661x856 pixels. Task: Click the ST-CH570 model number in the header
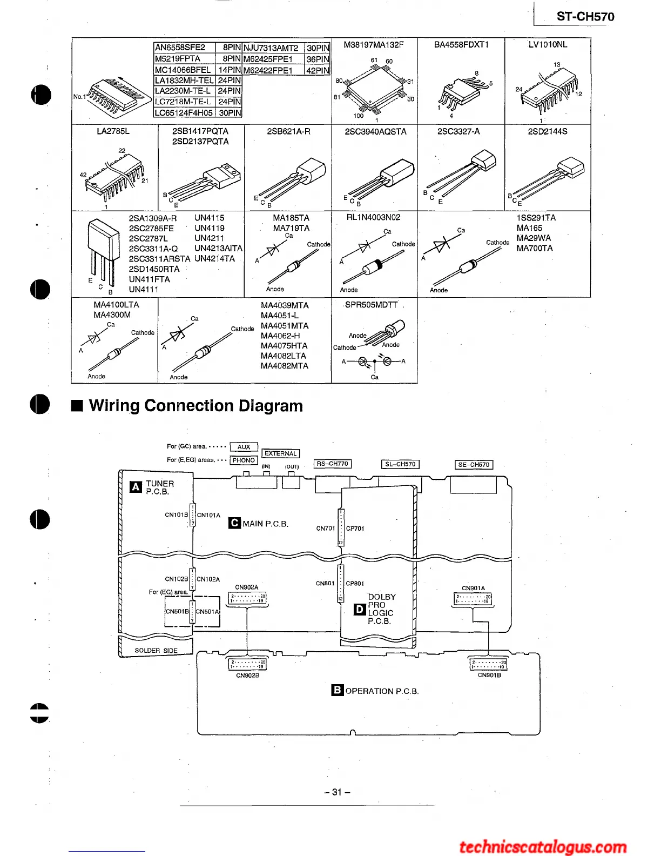click(585, 17)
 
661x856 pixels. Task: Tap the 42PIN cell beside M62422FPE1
click(318, 70)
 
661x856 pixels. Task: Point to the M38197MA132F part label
click(374, 45)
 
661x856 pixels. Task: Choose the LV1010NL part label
click(548, 45)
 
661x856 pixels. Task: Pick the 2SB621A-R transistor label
click(288, 131)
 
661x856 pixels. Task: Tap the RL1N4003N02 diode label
click(373, 217)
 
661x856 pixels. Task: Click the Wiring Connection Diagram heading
click(195, 405)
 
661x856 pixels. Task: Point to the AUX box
click(244, 447)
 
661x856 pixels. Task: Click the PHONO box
click(244, 460)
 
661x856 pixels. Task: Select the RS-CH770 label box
click(332, 464)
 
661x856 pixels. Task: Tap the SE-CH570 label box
click(474, 465)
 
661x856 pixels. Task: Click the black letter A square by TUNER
click(136, 487)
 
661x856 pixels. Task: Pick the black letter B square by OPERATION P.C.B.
click(337, 690)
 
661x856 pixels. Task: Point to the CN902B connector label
click(247, 676)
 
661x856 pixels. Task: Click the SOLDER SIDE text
click(156, 651)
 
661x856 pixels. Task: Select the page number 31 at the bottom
click(337, 792)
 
